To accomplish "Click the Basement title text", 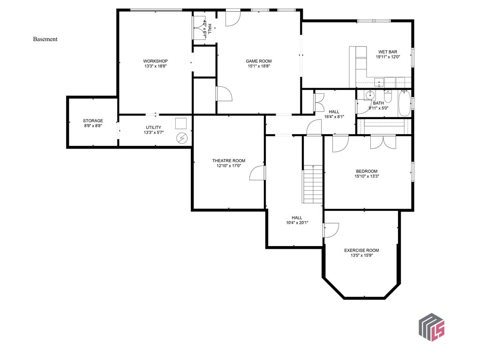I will click(x=45, y=39).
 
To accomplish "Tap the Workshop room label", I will click(x=155, y=61).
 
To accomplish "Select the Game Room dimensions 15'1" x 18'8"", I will click(x=259, y=67).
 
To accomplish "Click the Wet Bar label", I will click(x=388, y=52).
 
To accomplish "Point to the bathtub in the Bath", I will click(x=404, y=104).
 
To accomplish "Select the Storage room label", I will click(x=93, y=121).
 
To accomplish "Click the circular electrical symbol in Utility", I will click(x=181, y=138).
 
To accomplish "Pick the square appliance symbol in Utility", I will click(x=181, y=123).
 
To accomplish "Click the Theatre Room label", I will click(x=228, y=161).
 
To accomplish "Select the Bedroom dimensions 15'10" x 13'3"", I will click(x=367, y=177).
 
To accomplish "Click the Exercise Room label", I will click(x=361, y=250).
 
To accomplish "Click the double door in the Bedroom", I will click(x=383, y=142).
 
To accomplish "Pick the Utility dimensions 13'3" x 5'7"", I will click(x=153, y=133).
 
